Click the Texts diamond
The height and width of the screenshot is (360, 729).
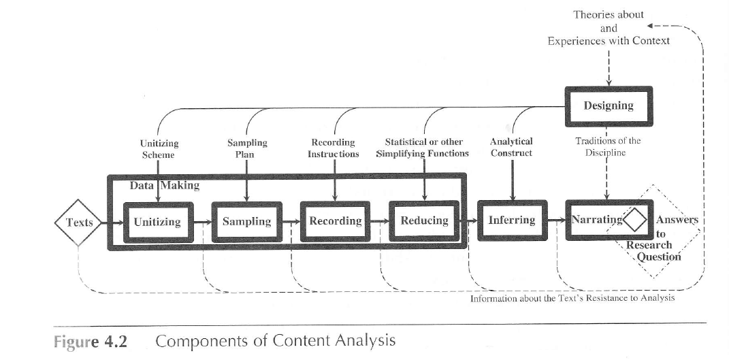click(79, 222)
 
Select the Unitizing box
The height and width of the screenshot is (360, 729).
click(157, 222)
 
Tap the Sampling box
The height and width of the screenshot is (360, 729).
click(246, 222)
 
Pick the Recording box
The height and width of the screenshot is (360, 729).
click(336, 221)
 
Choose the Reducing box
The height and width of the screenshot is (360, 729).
click(424, 221)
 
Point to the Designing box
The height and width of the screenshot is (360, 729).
click(608, 106)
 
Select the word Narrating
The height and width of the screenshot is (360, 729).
click(596, 220)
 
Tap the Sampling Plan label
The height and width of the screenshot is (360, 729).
click(247, 148)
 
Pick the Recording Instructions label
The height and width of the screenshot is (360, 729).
click(333, 148)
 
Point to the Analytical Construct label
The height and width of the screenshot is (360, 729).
click(511, 147)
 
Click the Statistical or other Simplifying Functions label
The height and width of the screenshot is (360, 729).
click(423, 148)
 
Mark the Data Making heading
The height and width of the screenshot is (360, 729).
click(165, 185)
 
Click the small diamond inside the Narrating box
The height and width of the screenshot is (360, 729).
click(637, 220)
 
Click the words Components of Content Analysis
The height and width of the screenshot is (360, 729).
click(275, 340)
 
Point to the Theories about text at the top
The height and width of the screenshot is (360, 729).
click(608, 14)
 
